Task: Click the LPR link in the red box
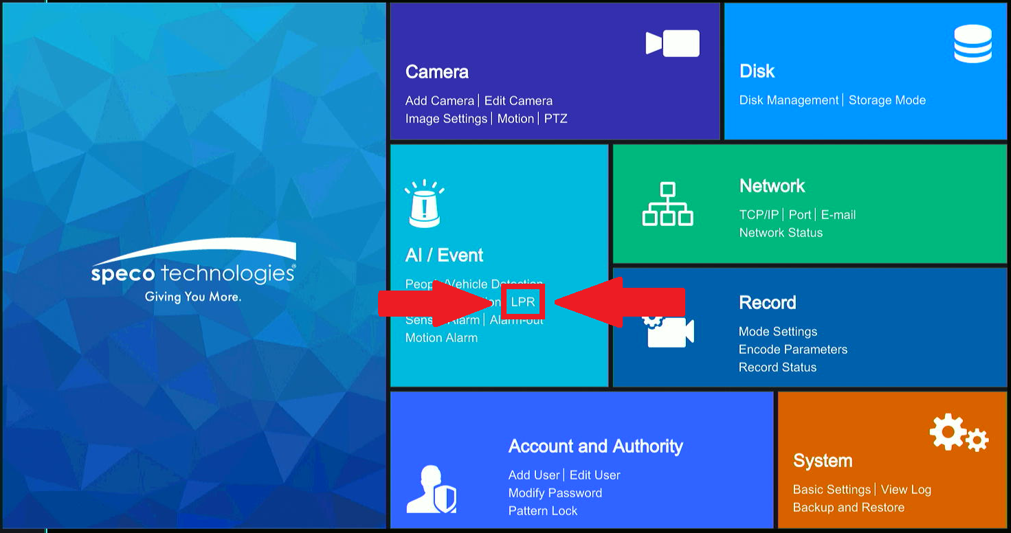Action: click(x=523, y=302)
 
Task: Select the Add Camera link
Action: click(x=440, y=101)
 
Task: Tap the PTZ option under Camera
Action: click(x=555, y=119)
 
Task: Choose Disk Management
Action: click(x=789, y=100)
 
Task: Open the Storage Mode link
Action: click(x=887, y=100)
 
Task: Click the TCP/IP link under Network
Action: click(x=759, y=215)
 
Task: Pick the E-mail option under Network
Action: click(x=838, y=215)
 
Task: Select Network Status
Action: click(x=781, y=233)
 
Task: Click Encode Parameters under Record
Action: click(x=793, y=350)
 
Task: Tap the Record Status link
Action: click(x=777, y=367)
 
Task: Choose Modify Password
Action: click(x=555, y=493)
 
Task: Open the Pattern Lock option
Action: click(x=543, y=511)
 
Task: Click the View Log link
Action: click(x=906, y=490)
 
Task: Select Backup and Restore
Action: click(x=849, y=508)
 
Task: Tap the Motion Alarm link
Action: click(x=441, y=338)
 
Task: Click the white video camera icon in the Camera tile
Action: click(x=672, y=43)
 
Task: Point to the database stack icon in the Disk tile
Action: click(x=973, y=43)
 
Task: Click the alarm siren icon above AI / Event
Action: click(x=424, y=204)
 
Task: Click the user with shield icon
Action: click(x=431, y=489)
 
